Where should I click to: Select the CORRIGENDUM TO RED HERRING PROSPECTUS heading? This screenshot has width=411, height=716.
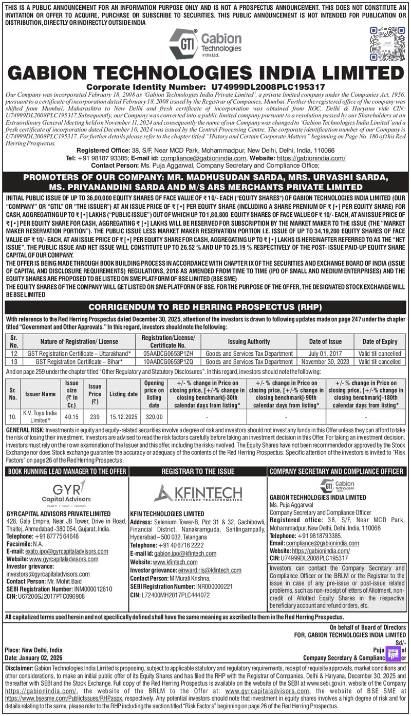tap(205, 307)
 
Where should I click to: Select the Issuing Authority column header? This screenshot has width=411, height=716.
tap(249, 341)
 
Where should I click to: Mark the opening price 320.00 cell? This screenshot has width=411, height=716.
tap(154, 417)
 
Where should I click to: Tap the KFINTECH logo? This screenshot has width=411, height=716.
tap(198, 492)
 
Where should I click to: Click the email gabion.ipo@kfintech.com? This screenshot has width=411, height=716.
tap(184, 554)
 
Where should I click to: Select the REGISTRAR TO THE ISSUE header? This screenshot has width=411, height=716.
tap(198, 471)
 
